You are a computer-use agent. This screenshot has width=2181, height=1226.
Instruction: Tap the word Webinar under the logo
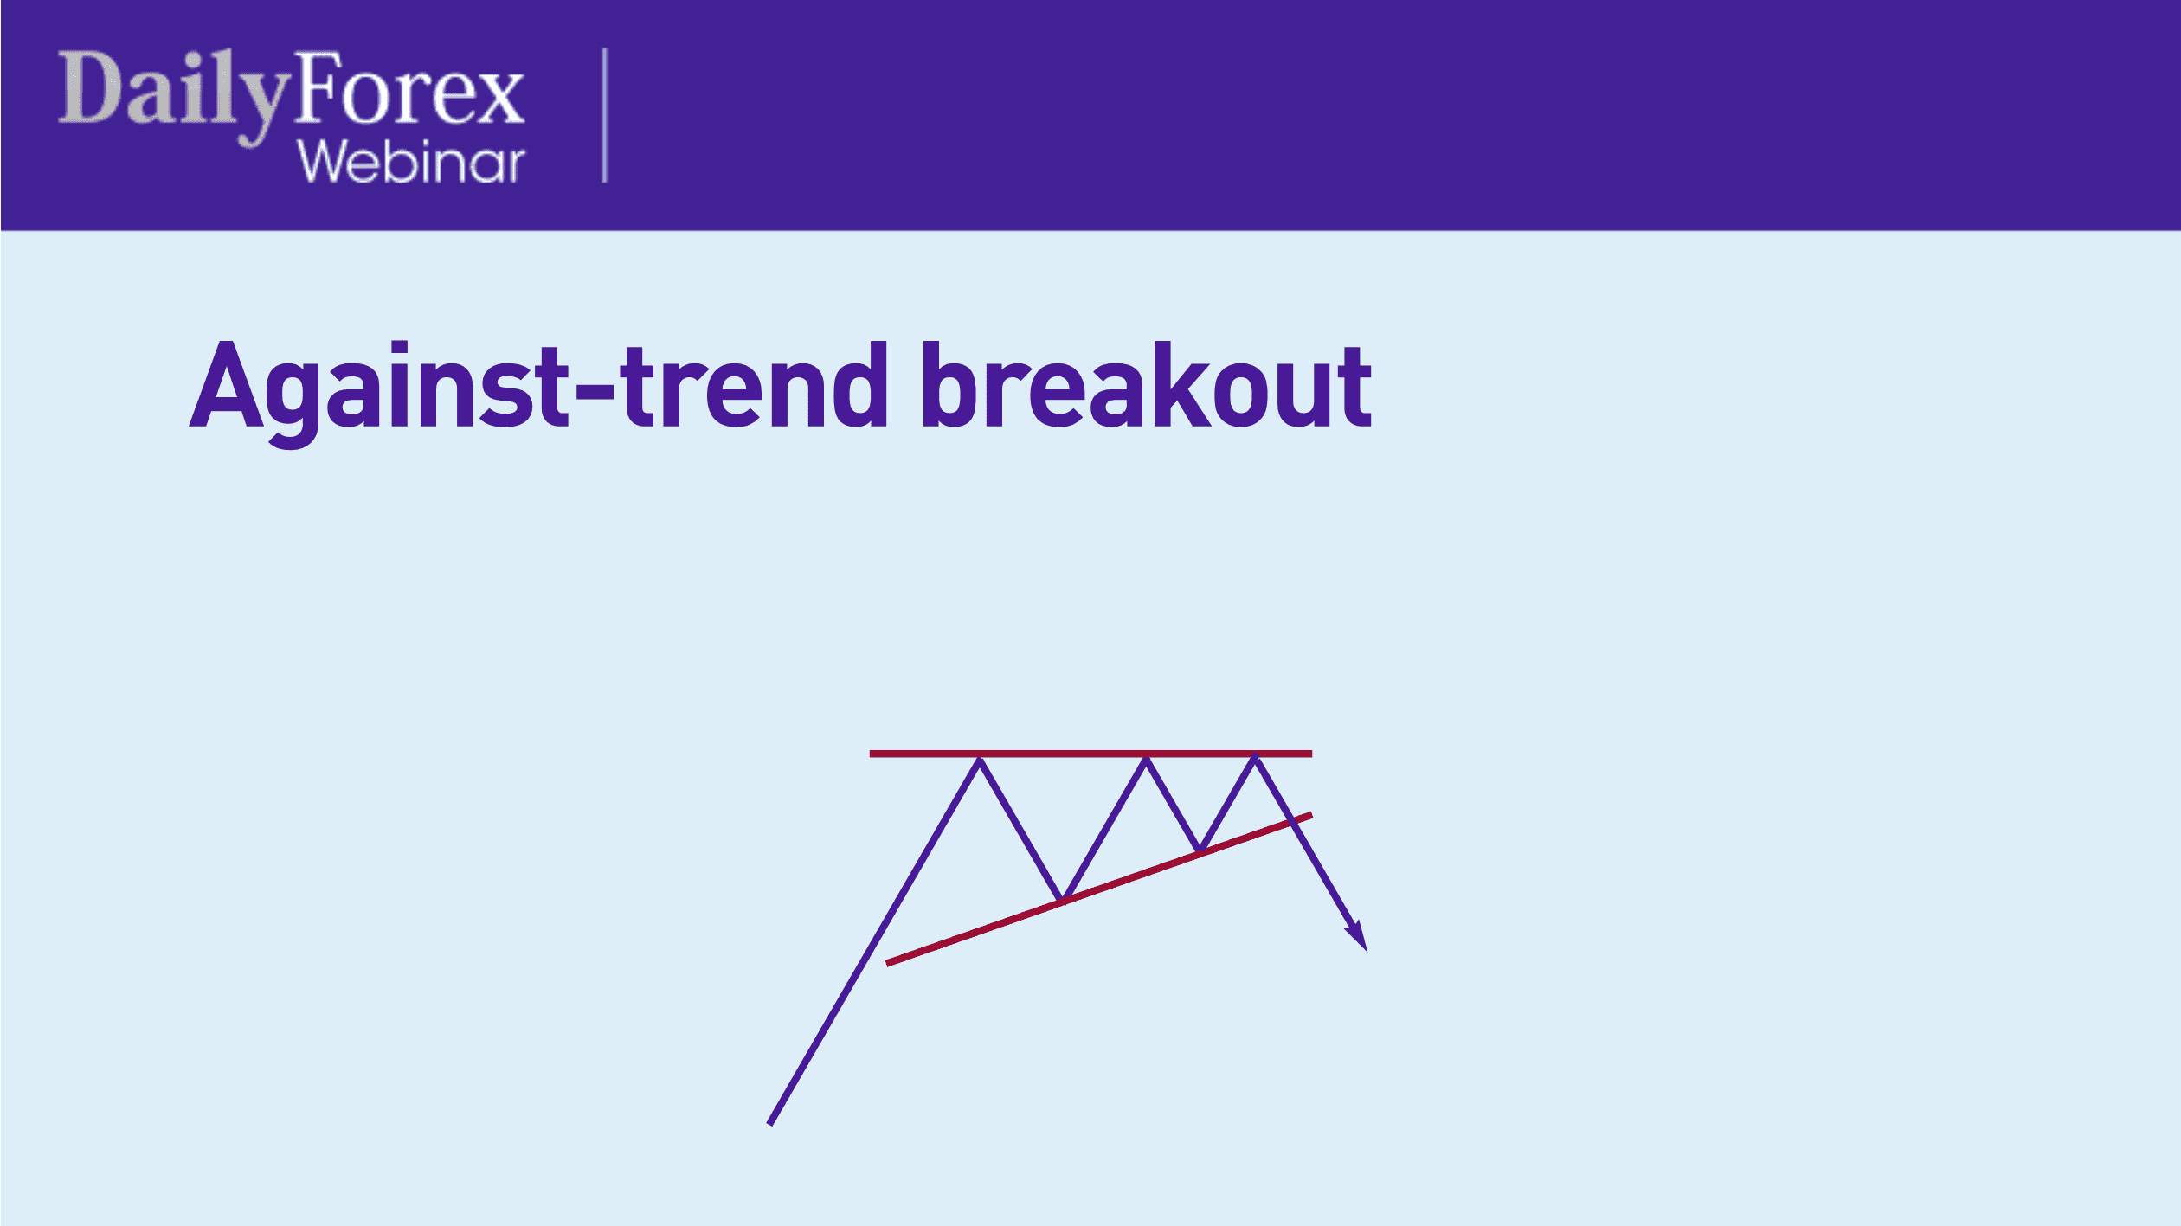tap(411, 162)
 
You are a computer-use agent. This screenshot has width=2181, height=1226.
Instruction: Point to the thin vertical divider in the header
tap(604, 115)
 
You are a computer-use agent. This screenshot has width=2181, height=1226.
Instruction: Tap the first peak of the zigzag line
tap(980, 760)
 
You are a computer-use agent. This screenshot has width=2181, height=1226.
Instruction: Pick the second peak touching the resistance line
tap(1146, 760)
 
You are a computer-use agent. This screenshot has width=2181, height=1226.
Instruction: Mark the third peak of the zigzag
tap(1255, 760)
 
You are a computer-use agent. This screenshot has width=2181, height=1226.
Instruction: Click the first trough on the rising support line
tap(1062, 900)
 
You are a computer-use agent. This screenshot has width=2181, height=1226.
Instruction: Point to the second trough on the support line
tap(1200, 851)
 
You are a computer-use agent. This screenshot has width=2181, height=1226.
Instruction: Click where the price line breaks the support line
tap(1292, 821)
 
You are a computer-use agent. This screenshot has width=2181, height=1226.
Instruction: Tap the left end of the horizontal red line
tap(872, 754)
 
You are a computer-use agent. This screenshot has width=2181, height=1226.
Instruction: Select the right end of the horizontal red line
tap(1309, 754)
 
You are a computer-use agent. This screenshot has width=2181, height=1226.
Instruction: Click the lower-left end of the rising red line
tap(889, 962)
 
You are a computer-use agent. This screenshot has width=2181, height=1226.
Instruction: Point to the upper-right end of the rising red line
tap(1309, 815)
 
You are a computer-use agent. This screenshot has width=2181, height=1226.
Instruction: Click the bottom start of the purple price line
tap(770, 1123)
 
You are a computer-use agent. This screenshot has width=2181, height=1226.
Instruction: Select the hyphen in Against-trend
tap(594, 397)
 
